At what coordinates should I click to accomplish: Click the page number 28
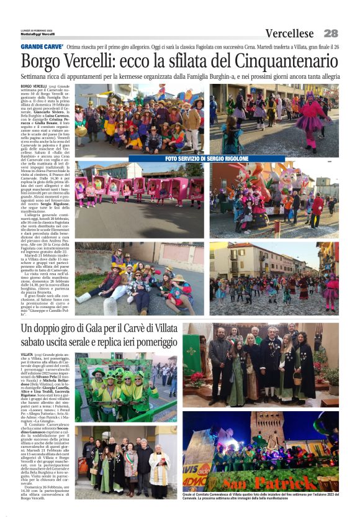(330, 34)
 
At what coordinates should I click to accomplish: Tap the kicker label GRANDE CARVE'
(42, 47)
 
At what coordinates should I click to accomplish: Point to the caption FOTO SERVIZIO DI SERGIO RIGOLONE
(207, 158)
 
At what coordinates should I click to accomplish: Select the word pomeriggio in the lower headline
(145, 342)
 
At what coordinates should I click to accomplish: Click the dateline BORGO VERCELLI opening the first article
(34, 85)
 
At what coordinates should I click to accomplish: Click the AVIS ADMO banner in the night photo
(196, 472)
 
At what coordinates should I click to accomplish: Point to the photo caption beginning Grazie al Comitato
(261, 494)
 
